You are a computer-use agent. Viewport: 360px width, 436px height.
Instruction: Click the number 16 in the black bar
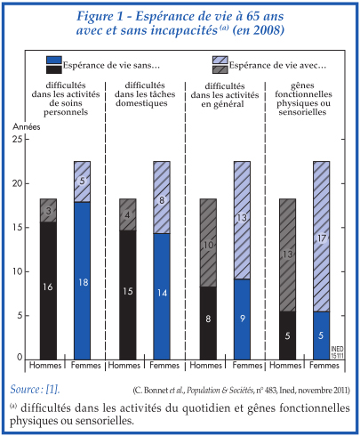(x=48, y=287)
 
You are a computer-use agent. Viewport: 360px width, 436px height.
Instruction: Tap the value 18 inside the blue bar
(x=84, y=282)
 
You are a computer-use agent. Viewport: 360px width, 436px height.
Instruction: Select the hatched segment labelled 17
(x=322, y=237)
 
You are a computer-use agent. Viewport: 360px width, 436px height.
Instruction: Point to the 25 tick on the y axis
(x=18, y=139)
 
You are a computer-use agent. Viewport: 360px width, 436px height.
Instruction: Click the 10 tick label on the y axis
(x=18, y=271)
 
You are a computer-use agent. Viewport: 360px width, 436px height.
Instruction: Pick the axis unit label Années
(x=27, y=126)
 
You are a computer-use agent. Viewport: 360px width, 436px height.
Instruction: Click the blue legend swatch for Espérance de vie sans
(x=54, y=60)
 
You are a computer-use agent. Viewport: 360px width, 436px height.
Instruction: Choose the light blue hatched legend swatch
(x=220, y=60)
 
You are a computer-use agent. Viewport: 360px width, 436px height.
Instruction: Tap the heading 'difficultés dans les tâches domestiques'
(x=145, y=94)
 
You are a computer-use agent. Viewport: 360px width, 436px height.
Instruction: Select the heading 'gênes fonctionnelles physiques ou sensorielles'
(x=303, y=99)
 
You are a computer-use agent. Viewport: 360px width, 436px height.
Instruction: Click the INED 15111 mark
(x=337, y=352)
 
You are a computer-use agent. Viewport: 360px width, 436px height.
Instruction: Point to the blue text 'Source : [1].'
(x=35, y=389)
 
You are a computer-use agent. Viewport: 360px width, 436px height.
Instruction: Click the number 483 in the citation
(x=271, y=390)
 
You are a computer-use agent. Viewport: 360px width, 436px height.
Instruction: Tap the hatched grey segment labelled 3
(x=48, y=210)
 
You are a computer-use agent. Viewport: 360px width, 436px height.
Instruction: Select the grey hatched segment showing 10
(x=208, y=243)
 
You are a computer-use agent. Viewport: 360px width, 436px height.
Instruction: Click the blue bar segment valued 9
(x=242, y=319)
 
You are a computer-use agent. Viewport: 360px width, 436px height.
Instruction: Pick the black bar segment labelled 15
(x=128, y=295)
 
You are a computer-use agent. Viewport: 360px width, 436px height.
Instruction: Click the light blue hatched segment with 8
(x=162, y=198)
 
